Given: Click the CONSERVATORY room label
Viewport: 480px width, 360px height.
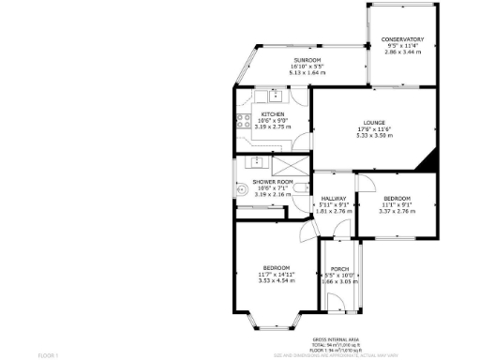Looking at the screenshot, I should coord(401,39).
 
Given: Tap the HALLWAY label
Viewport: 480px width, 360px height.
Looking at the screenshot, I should coord(334,199).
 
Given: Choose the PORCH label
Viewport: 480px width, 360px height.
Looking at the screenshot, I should coord(340,268).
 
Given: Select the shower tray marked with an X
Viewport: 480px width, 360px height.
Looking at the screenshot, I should coord(257,162).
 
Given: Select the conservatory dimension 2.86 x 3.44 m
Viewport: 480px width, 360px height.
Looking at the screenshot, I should coord(401,52).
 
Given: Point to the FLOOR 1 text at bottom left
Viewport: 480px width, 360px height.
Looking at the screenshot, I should coord(48,355).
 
